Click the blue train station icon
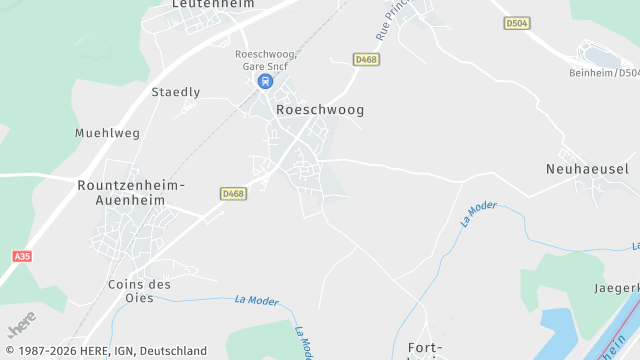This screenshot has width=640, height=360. (264, 81)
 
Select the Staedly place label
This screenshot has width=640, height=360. (175, 92)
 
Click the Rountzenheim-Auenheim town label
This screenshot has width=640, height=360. (130, 192)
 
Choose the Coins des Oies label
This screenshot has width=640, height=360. (139, 290)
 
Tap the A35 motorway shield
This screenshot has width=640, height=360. (22, 257)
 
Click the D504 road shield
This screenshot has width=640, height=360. (516, 23)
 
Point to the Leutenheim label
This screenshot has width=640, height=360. (213, 4)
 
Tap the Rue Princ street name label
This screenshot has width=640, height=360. (393, 22)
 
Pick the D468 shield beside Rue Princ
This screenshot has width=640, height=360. (366, 60)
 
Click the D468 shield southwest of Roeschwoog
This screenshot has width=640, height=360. (233, 193)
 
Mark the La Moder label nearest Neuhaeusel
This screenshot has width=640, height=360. (480, 212)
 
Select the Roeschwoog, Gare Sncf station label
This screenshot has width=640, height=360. (265, 60)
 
